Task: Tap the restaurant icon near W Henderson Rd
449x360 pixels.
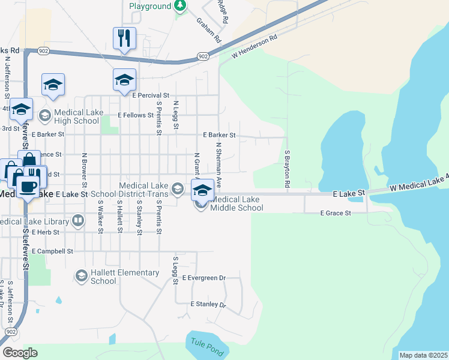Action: click(x=125, y=38)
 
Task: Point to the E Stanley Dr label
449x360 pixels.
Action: click(x=208, y=305)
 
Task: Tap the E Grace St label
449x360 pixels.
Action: click(x=335, y=213)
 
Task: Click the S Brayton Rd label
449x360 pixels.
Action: click(x=288, y=171)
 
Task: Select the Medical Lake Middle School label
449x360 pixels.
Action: click(x=237, y=203)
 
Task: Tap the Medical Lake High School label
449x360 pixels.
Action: click(x=76, y=116)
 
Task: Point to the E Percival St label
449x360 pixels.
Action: click(x=151, y=95)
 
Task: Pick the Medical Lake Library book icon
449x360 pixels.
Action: click(x=78, y=221)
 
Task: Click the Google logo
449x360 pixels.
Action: click(x=20, y=353)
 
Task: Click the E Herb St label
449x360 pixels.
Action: click(x=46, y=232)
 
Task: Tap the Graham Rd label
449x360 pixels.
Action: click(x=209, y=30)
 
